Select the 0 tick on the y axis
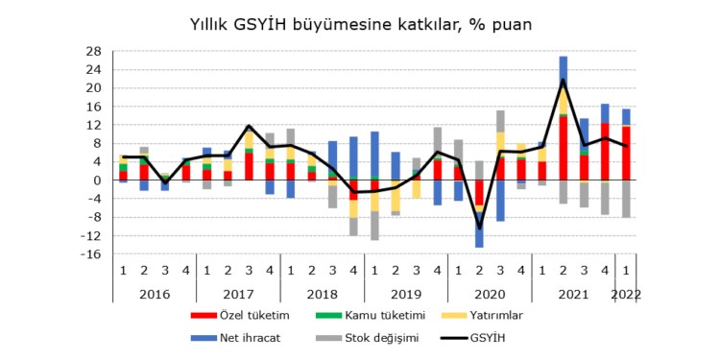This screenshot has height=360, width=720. coord(96,180)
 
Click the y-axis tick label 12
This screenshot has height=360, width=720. coord(93,125)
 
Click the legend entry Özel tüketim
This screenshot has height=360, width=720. coord(247,314)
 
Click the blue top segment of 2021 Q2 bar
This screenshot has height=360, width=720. coord(564,69)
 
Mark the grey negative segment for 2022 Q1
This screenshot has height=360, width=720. coord(626,199)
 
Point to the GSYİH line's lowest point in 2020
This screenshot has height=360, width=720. coord(480,228)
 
